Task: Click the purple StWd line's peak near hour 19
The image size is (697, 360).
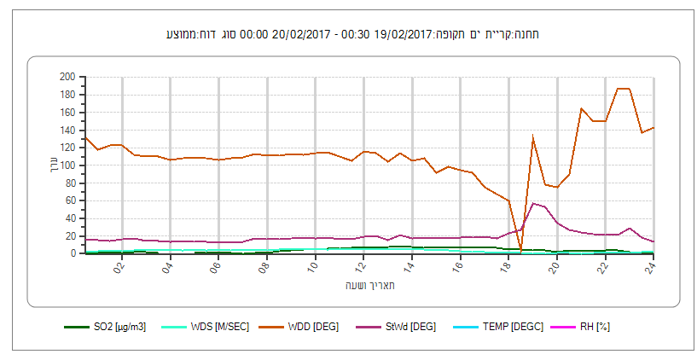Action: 533,203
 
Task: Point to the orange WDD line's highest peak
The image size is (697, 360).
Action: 623,89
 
